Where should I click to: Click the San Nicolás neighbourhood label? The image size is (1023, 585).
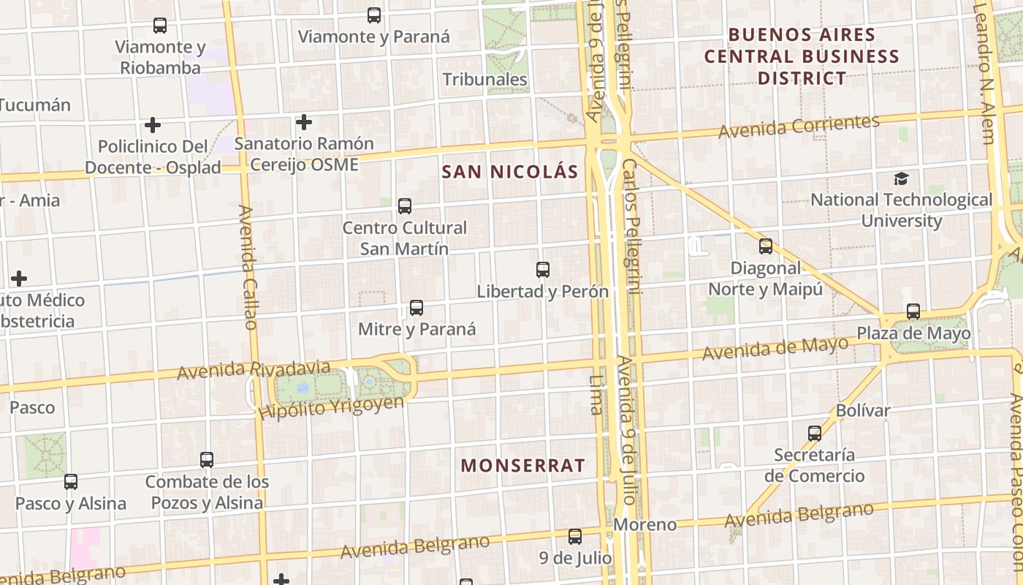pos(510,172)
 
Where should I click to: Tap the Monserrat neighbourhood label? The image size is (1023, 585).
pos(523,465)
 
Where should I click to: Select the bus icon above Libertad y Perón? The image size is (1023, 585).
pos(543,270)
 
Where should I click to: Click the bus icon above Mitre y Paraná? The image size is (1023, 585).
pos(417,308)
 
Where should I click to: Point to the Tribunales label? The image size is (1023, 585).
pos(485,79)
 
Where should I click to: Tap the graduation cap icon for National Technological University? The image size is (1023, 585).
pos(901,178)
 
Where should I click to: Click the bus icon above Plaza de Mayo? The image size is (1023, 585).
pos(913,312)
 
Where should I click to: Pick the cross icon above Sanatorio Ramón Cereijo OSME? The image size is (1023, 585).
pos(304,122)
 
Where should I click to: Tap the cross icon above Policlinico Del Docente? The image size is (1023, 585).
pos(153,125)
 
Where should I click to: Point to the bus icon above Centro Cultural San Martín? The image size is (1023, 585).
pos(405,206)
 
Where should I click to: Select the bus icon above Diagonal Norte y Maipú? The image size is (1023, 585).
pos(766,246)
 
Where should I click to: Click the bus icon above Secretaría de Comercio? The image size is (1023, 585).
pos(815,434)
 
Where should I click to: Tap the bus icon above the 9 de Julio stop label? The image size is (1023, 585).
pos(575,537)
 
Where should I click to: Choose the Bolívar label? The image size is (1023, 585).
pos(863,410)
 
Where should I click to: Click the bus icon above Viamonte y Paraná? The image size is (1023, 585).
pos(374,15)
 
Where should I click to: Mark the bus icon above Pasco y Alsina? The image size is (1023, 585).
pos(71,482)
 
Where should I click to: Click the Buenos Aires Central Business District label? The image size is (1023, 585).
pos(802,56)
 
